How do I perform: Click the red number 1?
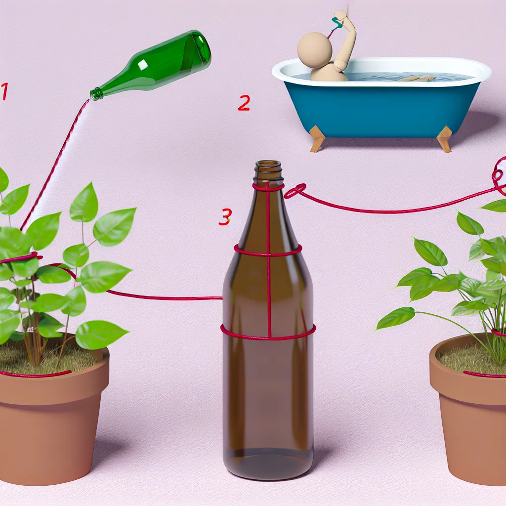click(4, 91)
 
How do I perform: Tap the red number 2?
click(244, 103)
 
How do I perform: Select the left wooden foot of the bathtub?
click(317, 139)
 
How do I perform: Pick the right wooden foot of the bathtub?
click(445, 139)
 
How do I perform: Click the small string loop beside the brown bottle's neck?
click(295, 191)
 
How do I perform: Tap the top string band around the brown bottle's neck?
click(268, 187)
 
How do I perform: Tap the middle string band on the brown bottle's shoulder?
click(268, 251)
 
